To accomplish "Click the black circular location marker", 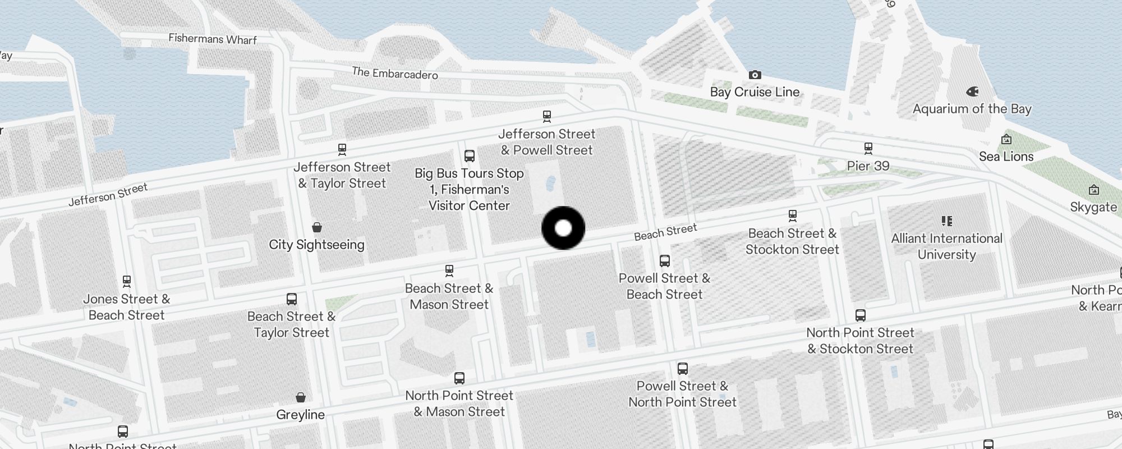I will (x=563, y=228).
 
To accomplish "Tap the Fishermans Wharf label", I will (x=213, y=39).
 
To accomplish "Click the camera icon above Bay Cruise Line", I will (x=755, y=75).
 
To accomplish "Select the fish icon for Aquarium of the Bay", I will (x=972, y=91).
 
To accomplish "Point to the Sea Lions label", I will (x=1006, y=157).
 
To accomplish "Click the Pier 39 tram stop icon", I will (x=868, y=149).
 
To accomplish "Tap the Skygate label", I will (x=1093, y=207).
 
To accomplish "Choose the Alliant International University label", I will (x=946, y=246).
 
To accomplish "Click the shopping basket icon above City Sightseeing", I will (x=317, y=227).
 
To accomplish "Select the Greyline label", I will (x=300, y=415).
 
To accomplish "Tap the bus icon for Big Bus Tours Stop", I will (x=470, y=156).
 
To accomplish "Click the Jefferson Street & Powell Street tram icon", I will (x=547, y=117).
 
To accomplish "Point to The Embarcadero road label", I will (x=395, y=73).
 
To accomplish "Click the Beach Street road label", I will (x=665, y=232).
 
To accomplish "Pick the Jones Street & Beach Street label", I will (x=127, y=307).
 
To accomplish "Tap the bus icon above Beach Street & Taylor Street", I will (x=292, y=299).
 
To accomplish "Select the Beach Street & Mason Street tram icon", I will (x=449, y=271).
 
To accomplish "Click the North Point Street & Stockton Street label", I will (x=860, y=341).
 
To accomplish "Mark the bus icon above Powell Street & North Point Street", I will (x=683, y=369).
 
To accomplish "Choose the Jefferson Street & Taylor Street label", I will (x=342, y=175).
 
